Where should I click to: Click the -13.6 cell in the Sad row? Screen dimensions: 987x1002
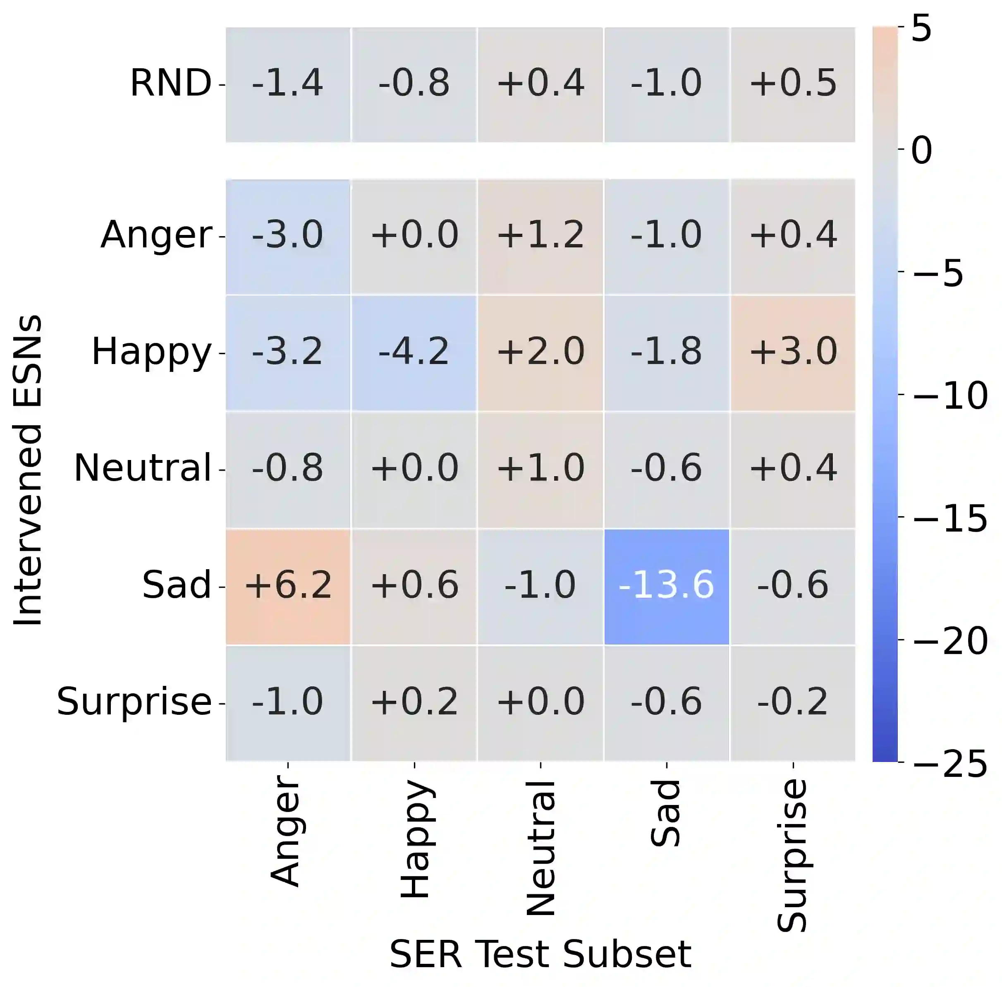point(666,586)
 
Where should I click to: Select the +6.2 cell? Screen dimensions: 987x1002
point(288,586)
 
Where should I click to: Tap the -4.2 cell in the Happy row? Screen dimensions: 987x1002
point(414,352)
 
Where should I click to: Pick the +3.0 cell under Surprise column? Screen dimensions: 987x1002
point(793,352)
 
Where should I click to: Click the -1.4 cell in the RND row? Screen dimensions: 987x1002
point(288,84)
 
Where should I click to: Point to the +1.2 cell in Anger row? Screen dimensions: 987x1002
point(540,236)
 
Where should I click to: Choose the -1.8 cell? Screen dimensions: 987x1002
point(666,352)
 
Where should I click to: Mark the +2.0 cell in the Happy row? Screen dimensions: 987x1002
point(540,352)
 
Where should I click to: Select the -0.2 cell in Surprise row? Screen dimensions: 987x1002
point(793,702)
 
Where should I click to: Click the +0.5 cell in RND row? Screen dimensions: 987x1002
point(793,84)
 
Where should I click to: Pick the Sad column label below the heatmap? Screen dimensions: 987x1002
point(666,814)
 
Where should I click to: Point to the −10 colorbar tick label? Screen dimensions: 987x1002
point(949,395)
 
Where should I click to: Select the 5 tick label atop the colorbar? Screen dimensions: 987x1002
point(921,29)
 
